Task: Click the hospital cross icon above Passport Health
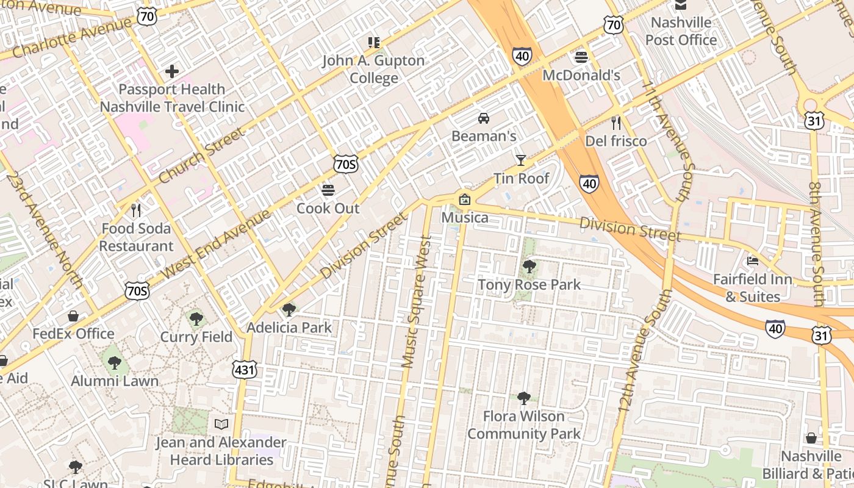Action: (172, 71)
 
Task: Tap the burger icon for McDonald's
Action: (581, 57)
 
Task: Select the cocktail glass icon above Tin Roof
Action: (520, 160)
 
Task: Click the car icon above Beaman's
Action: (484, 118)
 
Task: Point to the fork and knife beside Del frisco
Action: (615, 123)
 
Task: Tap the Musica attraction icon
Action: (465, 199)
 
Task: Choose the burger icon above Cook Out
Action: (328, 190)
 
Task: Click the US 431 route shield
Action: (245, 369)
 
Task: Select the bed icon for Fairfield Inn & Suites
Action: (753, 261)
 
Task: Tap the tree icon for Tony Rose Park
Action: (529, 267)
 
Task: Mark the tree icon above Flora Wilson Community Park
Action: (523, 398)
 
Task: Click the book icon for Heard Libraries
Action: (221, 424)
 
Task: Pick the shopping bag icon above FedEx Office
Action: (73, 316)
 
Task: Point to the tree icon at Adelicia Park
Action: (289, 310)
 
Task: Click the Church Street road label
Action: (201, 156)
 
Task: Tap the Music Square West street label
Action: (417, 302)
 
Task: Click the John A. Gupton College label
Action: (373, 69)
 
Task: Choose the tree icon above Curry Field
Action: (196, 318)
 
